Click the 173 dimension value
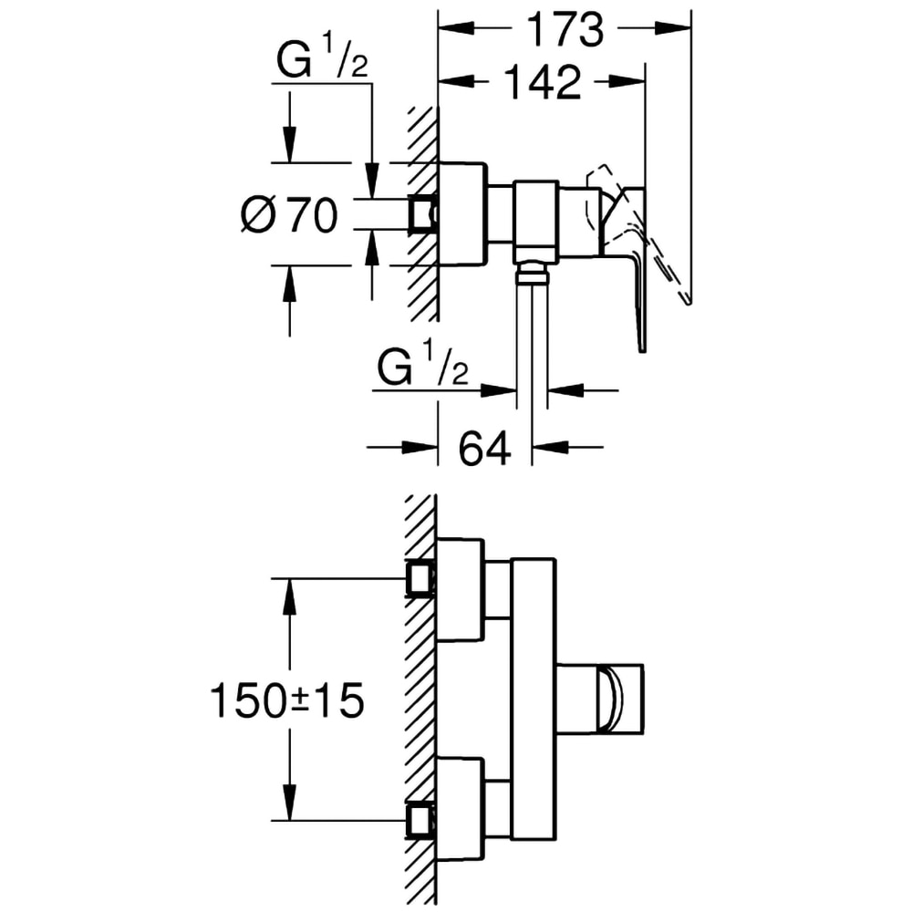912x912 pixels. [x=565, y=29]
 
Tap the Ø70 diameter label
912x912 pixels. [x=289, y=216]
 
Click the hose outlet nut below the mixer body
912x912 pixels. [x=533, y=271]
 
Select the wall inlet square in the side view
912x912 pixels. [x=420, y=214]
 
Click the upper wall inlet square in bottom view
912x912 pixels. [x=420, y=578]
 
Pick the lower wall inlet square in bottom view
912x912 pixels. [x=420, y=818]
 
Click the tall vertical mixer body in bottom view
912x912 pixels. [x=533, y=698]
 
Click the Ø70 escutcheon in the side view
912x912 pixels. [x=463, y=215]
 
